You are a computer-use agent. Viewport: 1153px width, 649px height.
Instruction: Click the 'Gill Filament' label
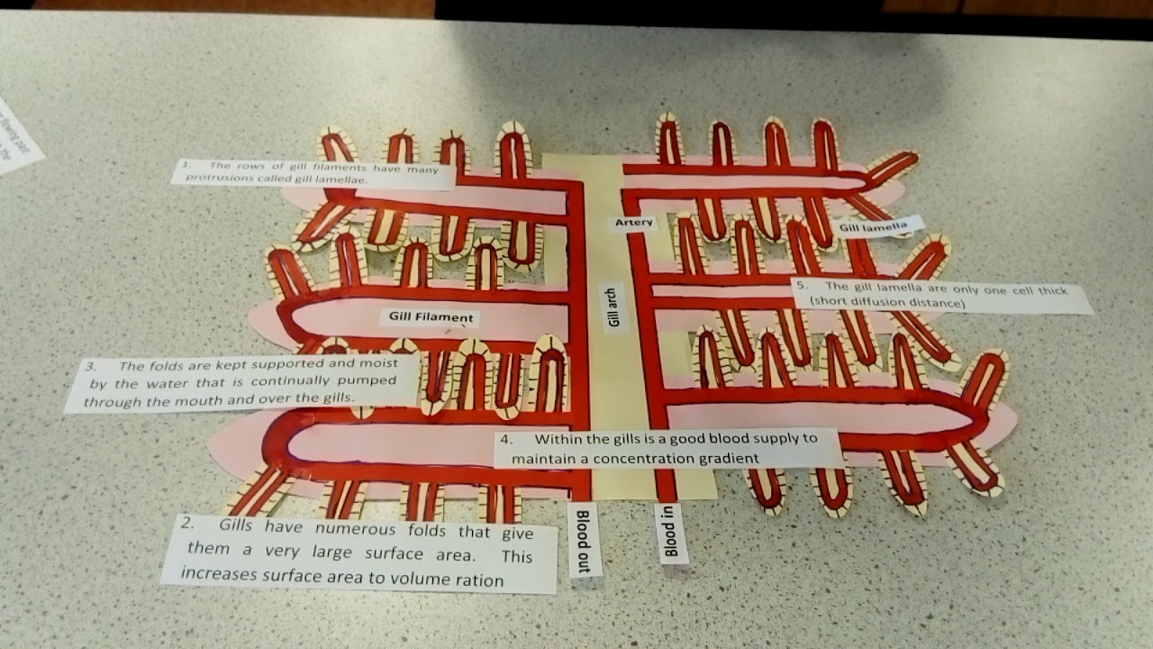[431, 317]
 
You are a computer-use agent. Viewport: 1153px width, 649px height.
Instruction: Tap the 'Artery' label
[634, 223]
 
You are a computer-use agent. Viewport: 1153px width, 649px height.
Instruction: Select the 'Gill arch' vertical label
[616, 307]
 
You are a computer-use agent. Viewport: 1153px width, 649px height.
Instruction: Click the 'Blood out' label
[584, 538]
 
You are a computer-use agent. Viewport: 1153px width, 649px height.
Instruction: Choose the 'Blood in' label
[669, 534]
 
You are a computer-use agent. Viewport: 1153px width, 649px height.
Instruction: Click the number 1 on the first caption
[185, 166]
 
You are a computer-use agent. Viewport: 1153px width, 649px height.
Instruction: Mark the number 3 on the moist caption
[89, 367]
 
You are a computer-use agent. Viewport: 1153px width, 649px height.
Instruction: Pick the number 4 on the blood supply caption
[507, 441]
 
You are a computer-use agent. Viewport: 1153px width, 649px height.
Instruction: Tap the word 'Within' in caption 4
[558, 440]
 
